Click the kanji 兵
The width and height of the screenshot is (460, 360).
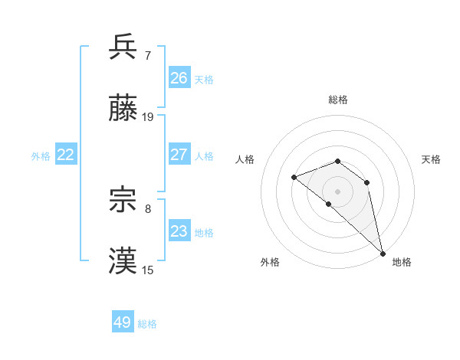point(123,47)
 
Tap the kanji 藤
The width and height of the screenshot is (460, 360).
point(123,110)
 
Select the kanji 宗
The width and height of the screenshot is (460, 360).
point(123,201)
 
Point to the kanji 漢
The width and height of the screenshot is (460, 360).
point(123,262)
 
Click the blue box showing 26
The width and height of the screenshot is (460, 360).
point(179,78)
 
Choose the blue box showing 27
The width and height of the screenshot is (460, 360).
point(179,155)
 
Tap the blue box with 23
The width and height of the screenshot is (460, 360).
point(179,231)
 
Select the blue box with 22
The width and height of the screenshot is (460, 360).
point(66,155)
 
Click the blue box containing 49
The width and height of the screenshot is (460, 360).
point(123,322)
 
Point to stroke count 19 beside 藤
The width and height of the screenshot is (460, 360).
point(148,117)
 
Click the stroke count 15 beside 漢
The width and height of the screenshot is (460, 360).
point(148,270)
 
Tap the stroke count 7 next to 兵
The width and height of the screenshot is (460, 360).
point(148,55)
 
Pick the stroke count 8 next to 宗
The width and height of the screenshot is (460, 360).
point(148,208)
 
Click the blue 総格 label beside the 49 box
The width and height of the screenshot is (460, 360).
point(147,324)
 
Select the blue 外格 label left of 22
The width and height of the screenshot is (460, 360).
point(41,156)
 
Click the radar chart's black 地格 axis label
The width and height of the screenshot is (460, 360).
point(402,262)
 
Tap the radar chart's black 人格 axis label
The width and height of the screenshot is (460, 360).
point(245,159)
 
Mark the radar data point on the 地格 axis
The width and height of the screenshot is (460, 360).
point(383,253)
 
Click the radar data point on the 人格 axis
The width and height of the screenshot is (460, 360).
point(294,178)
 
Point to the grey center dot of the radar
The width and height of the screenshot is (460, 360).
point(337,191)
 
